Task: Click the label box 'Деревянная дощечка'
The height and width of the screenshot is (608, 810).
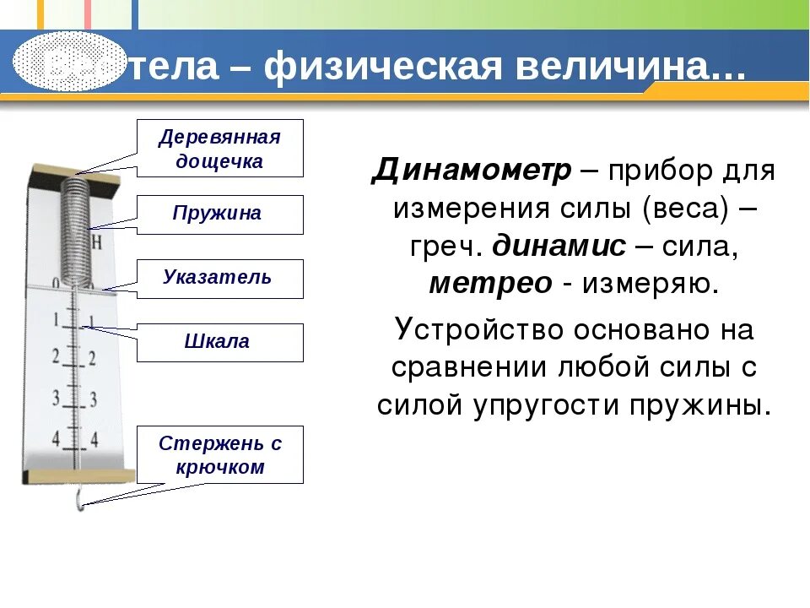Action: [219, 149]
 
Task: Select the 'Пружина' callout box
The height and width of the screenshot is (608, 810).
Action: [219, 214]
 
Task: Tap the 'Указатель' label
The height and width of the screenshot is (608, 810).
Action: [219, 279]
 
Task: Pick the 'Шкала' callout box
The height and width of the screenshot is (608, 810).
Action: [219, 343]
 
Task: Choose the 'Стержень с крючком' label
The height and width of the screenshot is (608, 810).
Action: [219, 455]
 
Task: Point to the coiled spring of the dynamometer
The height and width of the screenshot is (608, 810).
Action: [77, 228]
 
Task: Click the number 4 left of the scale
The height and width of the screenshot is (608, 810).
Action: [57, 437]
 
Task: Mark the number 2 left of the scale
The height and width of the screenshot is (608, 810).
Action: [56, 356]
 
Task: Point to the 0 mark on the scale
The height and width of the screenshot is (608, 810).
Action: [55, 285]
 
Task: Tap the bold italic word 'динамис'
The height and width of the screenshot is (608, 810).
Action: [559, 246]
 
